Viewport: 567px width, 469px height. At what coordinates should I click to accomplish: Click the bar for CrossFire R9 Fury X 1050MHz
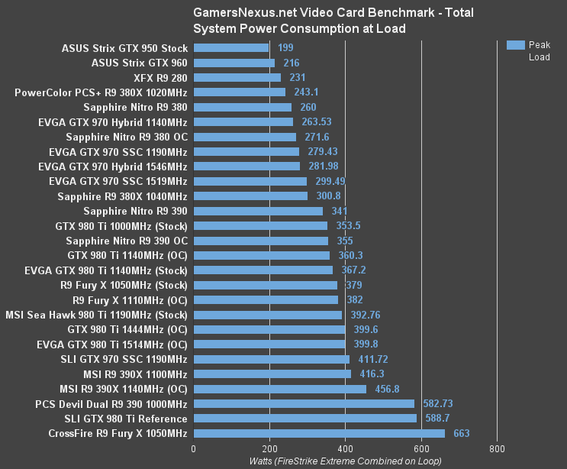coord(319,433)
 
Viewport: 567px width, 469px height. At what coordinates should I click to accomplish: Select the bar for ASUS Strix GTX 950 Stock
coord(231,48)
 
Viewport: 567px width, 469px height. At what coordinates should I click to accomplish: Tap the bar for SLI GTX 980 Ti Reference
coord(305,419)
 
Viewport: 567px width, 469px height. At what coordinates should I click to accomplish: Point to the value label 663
coord(461,433)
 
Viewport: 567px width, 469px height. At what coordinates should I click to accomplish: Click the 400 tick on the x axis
coord(346,448)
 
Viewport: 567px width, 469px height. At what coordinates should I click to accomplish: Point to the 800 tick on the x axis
coord(498,448)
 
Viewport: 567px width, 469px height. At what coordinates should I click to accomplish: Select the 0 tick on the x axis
coord(194,448)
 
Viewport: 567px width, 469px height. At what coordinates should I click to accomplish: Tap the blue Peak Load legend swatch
coord(515,44)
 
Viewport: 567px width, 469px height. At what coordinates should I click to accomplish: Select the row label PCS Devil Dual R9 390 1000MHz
coord(111,403)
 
